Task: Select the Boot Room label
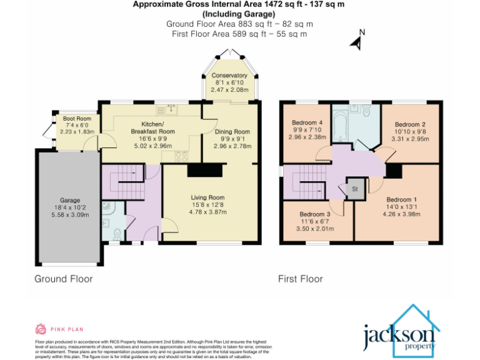(x=77, y=119)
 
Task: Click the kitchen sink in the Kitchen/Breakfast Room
(x=167, y=110)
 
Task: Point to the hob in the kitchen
(x=182, y=157)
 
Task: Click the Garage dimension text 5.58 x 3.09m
(x=70, y=214)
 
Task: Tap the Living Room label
(x=207, y=197)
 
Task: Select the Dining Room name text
(x=232, y=132)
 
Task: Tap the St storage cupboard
(x=354, y=188)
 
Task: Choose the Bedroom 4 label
(x=307, y=122)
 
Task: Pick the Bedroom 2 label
(x=410, y=124)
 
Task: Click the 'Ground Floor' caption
(x=64, y=279)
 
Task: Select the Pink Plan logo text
(x=67, y=329)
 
